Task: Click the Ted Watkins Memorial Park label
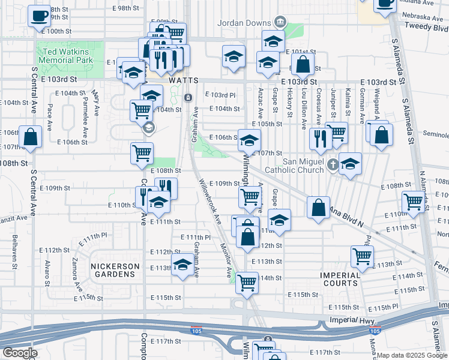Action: (x=67, y=56)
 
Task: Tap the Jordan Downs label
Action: (x=246, y=23)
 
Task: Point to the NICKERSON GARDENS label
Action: (x=115, y=270)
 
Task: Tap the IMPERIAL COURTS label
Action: (x=340, y=280)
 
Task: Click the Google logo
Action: (x=20, y=353)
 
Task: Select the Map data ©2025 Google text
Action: (x=412, y=355)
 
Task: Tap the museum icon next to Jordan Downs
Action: (x=280, y=23)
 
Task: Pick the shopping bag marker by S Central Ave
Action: (x=30, y=137)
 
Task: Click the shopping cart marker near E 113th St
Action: (x=363, y=256)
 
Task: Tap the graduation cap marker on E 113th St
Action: (x=182, y=265)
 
